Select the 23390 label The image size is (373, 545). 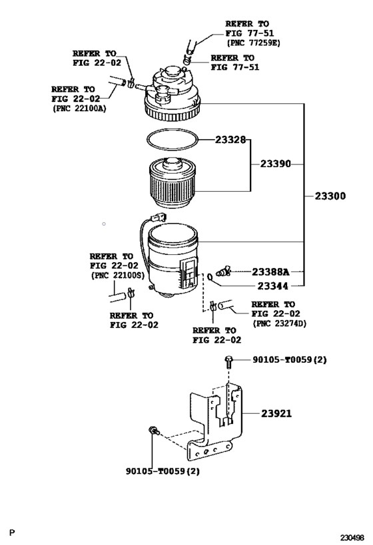(x=276, y=164)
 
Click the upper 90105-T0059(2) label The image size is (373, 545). (x=290, y=360)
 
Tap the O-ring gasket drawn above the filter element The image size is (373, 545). (x=173, y=140)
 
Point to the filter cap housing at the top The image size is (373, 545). (x=173, y=93)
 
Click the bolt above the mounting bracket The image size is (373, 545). (x=228, y=362)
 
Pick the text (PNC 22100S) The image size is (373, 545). (x=117, y=275)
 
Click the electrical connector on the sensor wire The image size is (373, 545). (x=158, y=218)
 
